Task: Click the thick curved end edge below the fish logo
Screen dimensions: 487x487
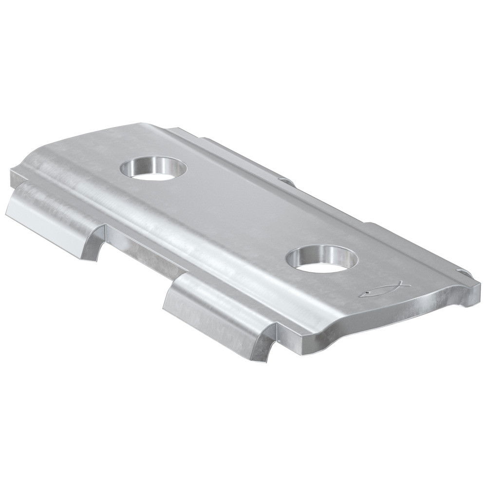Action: pyautogui.click(x=390, y=317)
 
